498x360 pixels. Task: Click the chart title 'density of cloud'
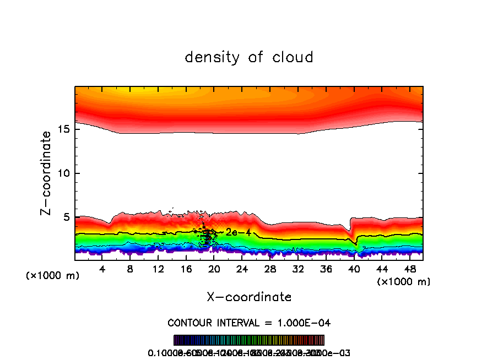coord(249,57)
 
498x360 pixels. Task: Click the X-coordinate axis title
coord(249,297)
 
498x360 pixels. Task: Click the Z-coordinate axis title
coord(46,173)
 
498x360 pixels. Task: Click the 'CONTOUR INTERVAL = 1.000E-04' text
coord(249,323)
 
